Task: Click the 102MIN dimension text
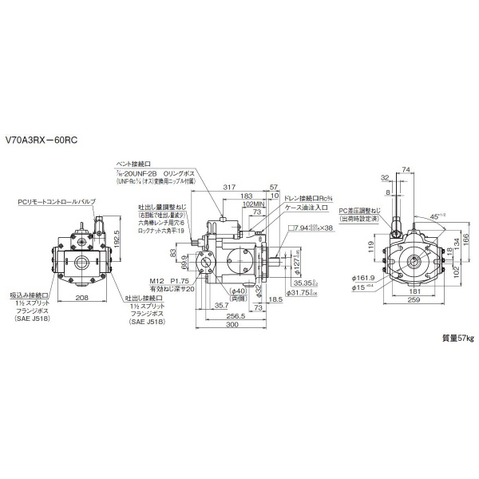(x=254, y=203)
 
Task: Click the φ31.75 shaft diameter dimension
(x=300, y=291)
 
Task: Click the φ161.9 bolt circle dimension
(x=363, y=278)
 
